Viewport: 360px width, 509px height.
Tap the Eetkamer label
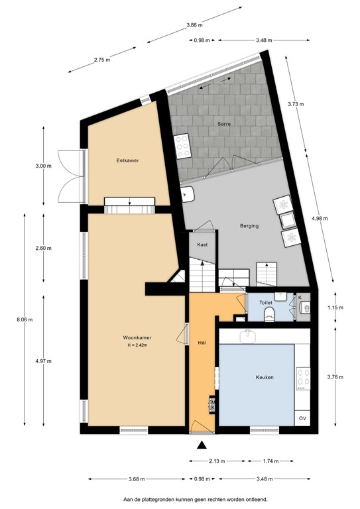pos(127,160)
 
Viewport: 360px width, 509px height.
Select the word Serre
pos(223,125)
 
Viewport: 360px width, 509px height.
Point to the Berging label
pos(249,226)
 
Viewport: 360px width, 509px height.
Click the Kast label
pos(203,245)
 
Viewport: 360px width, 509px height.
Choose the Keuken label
pos(265,377)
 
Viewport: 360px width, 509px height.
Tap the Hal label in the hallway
pos(202,343)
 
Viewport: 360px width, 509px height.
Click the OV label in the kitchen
pos(302,418)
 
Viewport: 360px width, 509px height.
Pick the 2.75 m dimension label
pos(102,60)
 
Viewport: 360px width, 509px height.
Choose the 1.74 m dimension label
pos(269,460)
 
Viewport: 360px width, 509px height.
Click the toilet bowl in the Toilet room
pos(269,316)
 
